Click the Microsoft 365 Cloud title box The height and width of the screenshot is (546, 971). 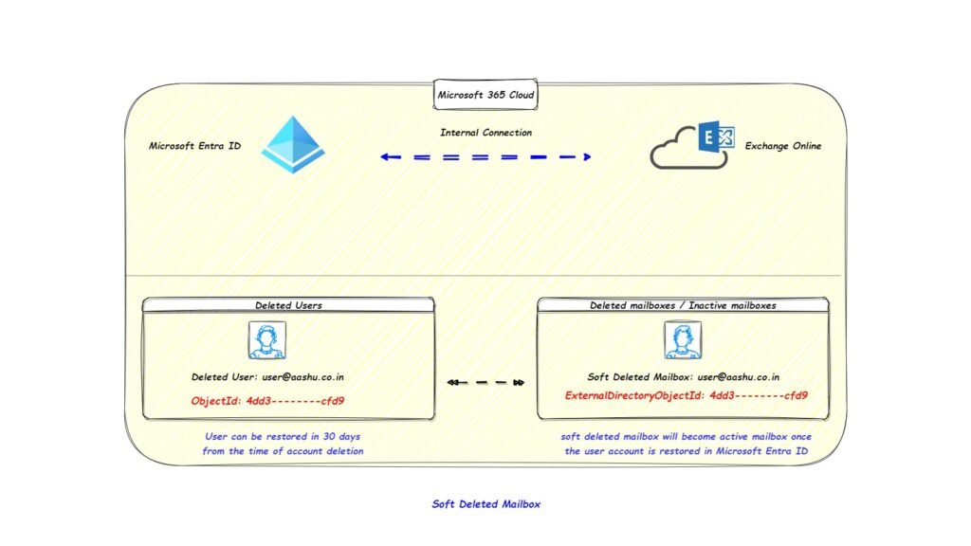tap(485, 95)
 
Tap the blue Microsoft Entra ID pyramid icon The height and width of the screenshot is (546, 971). tap(293, 145)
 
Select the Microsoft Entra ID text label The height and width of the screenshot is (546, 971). tap(194, 146)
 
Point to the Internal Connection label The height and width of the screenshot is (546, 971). tap(485, 133)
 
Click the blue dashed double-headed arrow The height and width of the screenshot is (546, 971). tap(485, 156)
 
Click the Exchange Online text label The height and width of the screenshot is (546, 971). tap(782, 146)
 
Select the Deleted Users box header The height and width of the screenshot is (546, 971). tap(288, 305)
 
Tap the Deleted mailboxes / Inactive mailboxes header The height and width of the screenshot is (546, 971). tap(683, 305)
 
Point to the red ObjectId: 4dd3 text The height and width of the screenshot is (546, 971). tap(267, 400)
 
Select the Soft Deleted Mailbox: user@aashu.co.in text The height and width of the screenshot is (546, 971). tap(683, 376)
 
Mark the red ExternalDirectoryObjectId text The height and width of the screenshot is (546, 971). tap(686, 395)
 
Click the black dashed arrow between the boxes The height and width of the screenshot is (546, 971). tap(485, 383)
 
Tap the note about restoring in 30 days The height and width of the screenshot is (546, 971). tap(283, 444)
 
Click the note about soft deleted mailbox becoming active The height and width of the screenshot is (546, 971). tap(686, 444)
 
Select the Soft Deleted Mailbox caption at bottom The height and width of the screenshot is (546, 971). tap(485, 504)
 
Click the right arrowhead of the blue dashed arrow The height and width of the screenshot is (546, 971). tap(587, 156)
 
